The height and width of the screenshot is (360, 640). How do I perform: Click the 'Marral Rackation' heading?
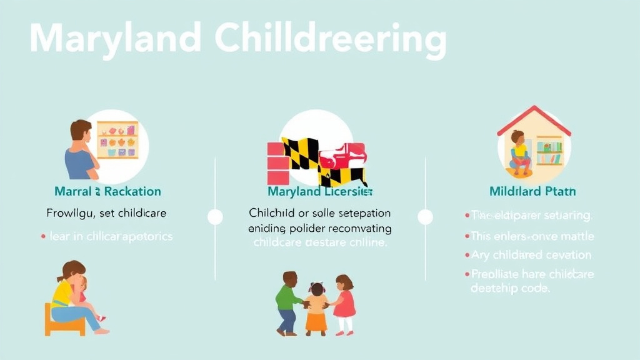pos(107,191)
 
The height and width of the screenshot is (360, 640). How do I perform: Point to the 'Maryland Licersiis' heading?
pos(320,191)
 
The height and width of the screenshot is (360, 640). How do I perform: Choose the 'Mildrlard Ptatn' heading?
pos(532,191)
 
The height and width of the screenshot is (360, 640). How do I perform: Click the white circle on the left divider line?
pos(215,217)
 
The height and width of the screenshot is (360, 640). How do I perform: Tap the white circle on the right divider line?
pos(426,217)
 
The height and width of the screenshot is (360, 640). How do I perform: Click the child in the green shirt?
pos(288,301)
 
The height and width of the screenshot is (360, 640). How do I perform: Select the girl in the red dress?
pos(343,303)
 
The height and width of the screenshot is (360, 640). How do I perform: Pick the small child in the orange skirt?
pos(316,307)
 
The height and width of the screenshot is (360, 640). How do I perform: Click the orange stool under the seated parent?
pos(64,320)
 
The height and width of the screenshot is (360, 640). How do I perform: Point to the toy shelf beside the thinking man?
pos(117,139)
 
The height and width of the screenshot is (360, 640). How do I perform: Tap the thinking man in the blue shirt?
pos(81,150)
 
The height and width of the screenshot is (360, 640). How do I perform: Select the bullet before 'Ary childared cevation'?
pos(467,256)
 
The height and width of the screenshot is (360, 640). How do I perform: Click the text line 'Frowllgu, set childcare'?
pos(107,213)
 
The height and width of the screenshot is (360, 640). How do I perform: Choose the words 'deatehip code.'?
pos(510,288)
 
